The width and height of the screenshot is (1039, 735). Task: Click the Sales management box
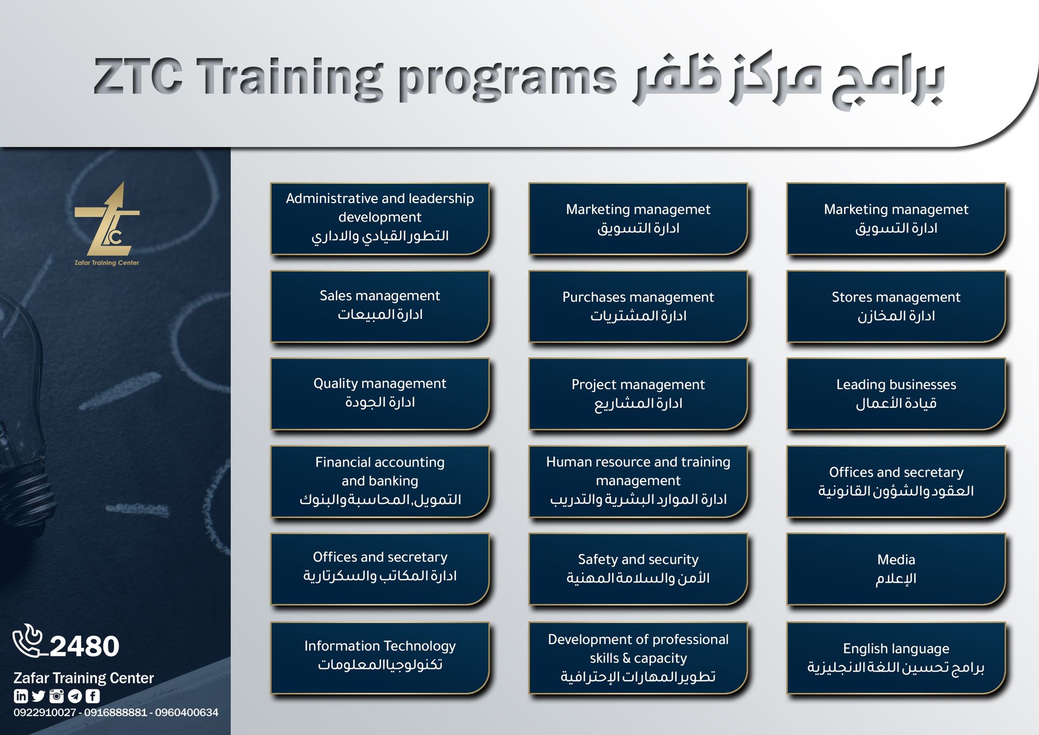(x=380, y=306)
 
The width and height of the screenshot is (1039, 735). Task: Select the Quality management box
(x=380, y=394)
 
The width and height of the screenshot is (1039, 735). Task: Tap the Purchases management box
(x=638, y=306)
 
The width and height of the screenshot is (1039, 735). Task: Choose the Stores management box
(x=896, y=306)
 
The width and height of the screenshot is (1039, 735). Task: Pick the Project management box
(x=638, y=394)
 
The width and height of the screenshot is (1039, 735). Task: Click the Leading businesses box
(x=896, y=394)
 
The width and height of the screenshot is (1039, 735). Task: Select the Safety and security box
(x=638, y=569)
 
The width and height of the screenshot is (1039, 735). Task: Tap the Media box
(x=896, y=569)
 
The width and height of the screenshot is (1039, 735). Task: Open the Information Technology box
(x=380, y=658)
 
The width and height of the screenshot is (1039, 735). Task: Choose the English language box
(x=896, y=658)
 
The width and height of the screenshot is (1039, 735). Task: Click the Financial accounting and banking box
(x=380, y=482)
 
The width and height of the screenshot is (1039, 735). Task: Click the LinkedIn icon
(x=21, y=696)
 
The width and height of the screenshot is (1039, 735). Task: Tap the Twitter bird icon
(x=38, y=696)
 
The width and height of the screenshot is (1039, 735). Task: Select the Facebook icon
(x=93, y=696)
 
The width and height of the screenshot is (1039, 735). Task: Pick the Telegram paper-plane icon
(x=75, y=696)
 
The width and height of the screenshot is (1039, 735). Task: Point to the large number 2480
(x=84, y=646)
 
